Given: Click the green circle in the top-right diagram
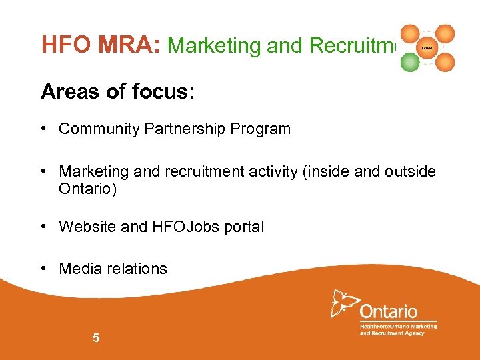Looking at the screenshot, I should pyautogui.click(x=411, y=62).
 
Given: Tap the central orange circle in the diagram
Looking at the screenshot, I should pyautogui.click(x=427, y=48).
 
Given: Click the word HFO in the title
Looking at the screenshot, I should pyautogui.click(x=63, y=45).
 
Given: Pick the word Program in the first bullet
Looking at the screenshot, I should pyautogui.click(x=261, y=129).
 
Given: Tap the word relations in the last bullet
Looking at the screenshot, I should pyautogui.click(x=136, y=269).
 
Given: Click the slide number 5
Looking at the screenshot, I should pyautogui.click(x=96, y=338).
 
